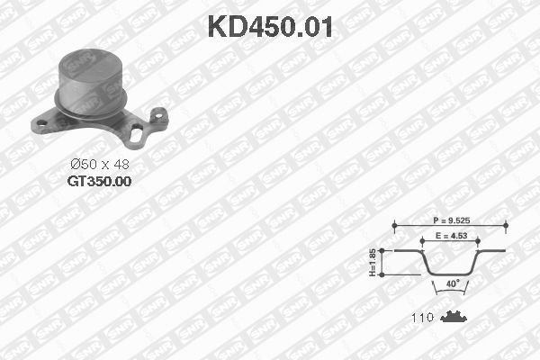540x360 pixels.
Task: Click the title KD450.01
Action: (x=270, y=26)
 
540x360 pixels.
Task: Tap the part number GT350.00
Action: (x=99, y=181)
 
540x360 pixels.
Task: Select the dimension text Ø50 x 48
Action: (x=100, y=164)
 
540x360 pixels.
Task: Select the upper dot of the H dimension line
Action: (x=385, y=249)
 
